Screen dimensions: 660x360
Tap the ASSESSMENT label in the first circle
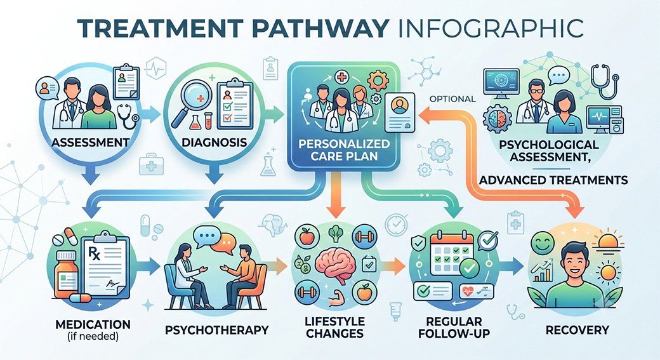click(x=90, y=142)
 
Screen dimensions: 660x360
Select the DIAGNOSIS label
click(x=214, y=142)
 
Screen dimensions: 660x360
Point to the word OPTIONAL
click(x=452, y=100)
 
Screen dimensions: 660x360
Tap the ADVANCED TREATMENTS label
click(x=553, y=180)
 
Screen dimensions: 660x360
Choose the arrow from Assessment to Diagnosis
click(x=149, y=114)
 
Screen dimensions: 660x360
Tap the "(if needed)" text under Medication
click(x=93, y=337)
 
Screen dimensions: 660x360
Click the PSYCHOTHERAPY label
click(x=216, y=330)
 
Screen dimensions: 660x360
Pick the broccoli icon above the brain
click(x=335, y=234)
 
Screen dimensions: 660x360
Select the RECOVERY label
click(x=577, y=330)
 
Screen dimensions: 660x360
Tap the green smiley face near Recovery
click(x=543, y=243)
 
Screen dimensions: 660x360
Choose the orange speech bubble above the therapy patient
click(x=223, y=244)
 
